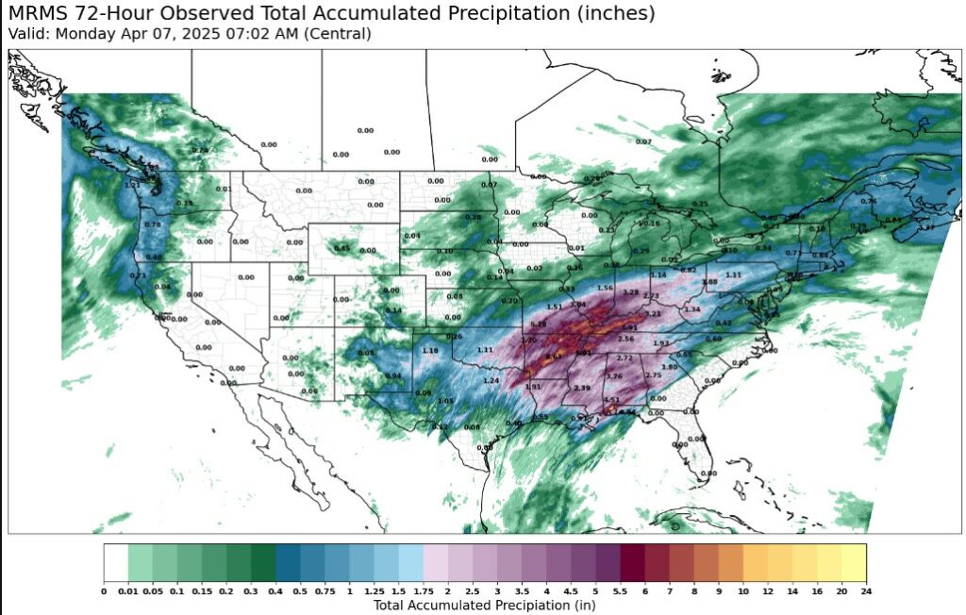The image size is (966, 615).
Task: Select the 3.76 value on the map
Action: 614,376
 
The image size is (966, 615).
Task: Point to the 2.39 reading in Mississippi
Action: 582,388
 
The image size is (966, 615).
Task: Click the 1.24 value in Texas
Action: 491,380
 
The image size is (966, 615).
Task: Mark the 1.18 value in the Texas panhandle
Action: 430,351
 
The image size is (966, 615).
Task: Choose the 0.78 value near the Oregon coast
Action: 153,224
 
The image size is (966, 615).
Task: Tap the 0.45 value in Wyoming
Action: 342,249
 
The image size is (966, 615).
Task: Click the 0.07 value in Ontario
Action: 644,141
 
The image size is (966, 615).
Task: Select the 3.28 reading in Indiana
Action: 631,292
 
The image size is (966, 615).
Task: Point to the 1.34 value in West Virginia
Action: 692,309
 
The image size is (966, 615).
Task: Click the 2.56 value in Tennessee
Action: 625,339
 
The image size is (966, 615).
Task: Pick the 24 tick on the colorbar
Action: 865,591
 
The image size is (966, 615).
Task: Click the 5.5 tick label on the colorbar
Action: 621,591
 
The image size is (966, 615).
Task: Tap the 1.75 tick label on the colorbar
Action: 424,591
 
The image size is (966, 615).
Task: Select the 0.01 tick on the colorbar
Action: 127,591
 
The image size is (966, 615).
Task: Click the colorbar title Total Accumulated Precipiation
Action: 484,605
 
